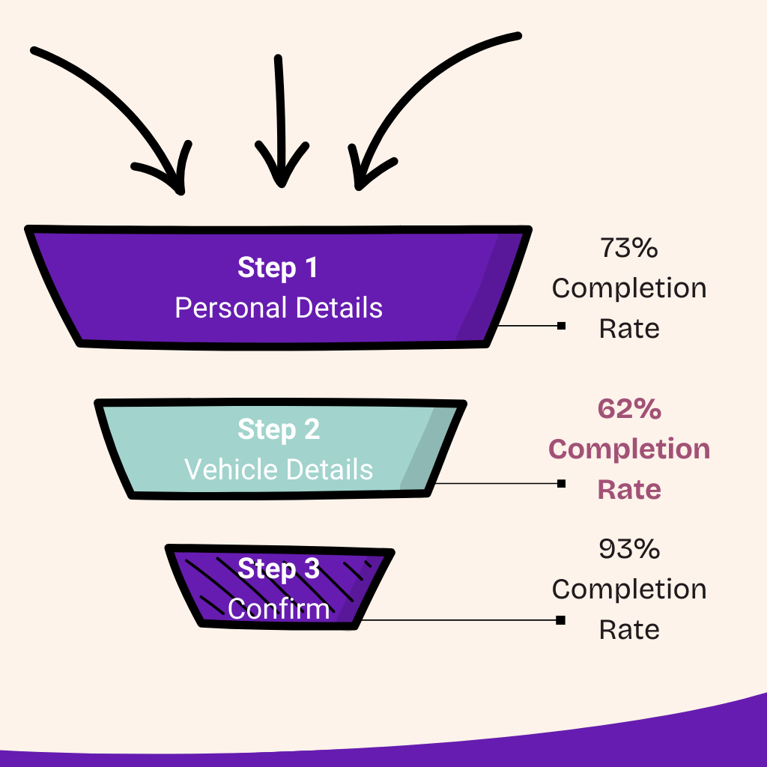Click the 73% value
(629, 248)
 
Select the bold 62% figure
(629, 409)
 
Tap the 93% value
(629, 549)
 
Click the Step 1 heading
(278, 267)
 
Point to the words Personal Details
(279, 308)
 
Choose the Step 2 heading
(279, 429)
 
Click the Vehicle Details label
(279, 470)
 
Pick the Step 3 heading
(279, 569)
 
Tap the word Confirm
(279, 608)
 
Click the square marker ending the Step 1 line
(561, 326)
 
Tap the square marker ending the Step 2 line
(561, 483)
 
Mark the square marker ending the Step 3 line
(561, 620)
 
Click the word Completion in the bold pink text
(629, 449)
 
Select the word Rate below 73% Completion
(629, 328)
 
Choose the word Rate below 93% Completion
(629, 629)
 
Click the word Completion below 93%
(629, 589)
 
